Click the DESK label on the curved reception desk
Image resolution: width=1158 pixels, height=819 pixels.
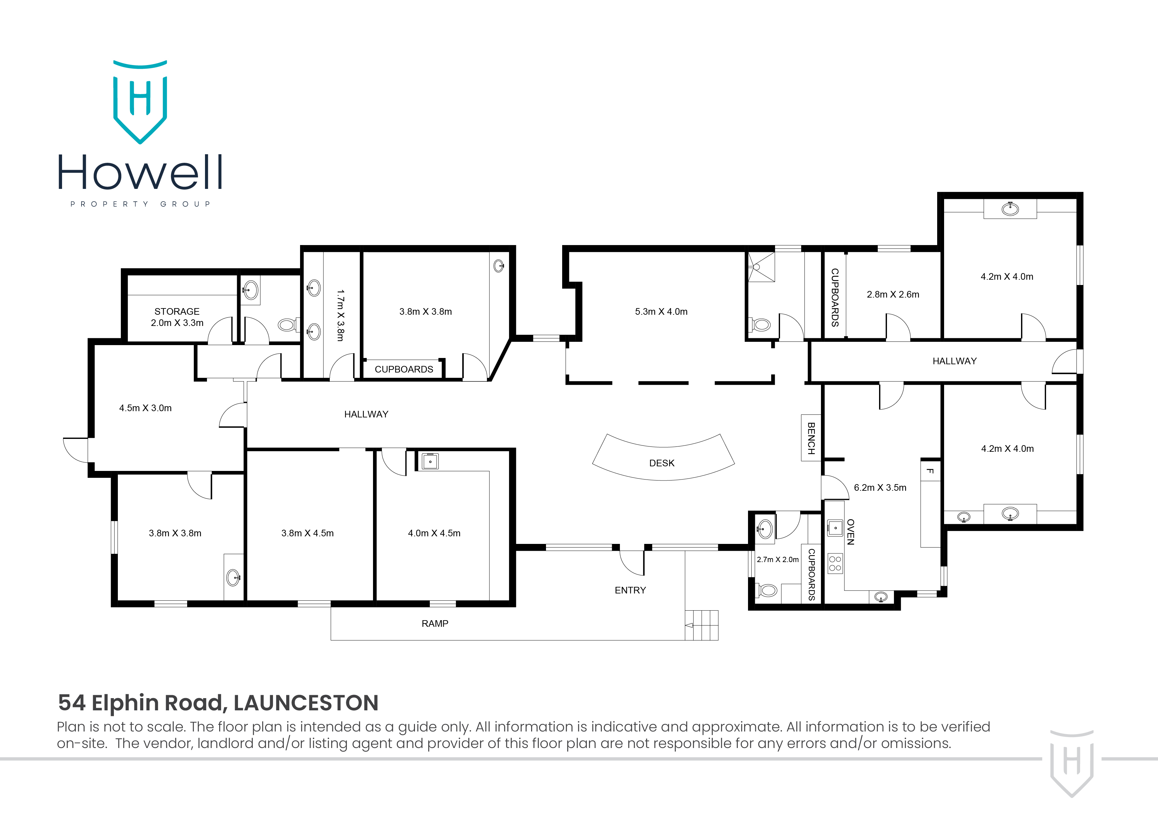pos(662,463)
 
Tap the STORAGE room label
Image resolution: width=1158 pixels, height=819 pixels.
pos(177,311)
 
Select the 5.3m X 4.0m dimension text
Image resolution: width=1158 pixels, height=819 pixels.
pos(661,312)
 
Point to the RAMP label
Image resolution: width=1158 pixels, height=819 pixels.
pos(435,624)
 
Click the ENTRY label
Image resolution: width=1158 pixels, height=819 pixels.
pos(630,590)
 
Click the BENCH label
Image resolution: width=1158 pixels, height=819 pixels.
pos(811,438)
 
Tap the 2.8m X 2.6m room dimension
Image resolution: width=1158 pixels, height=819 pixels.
pos(893,295)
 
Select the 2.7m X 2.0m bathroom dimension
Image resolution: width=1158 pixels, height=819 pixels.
pos(777,560)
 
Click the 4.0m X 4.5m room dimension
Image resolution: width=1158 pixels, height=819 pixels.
pos(434,533)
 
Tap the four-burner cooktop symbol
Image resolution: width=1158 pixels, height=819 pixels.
pos(835,564)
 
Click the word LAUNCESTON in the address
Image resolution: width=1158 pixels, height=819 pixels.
pos(306,703)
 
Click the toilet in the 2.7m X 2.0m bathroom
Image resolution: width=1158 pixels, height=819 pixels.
pos(767,590)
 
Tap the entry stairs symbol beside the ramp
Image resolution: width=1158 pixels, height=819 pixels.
pos(701,625)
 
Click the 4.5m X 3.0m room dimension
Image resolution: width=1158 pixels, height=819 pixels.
pos(145,408)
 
